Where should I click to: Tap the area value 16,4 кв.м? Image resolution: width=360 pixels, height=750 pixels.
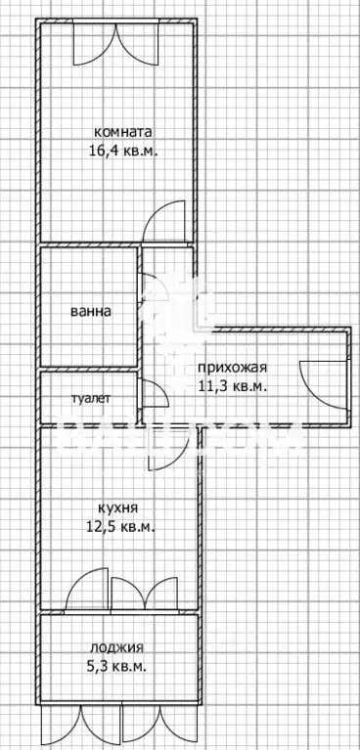pos(123,151)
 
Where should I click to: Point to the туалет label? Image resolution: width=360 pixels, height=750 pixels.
pos(91,399)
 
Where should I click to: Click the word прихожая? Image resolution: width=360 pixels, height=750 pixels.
pos(232,368)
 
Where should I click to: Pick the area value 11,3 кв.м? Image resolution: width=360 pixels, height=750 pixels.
pos(232,385)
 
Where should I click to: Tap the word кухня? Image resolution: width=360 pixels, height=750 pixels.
pos(117,508)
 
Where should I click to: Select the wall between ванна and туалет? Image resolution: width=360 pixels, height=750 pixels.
pos(88,370)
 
